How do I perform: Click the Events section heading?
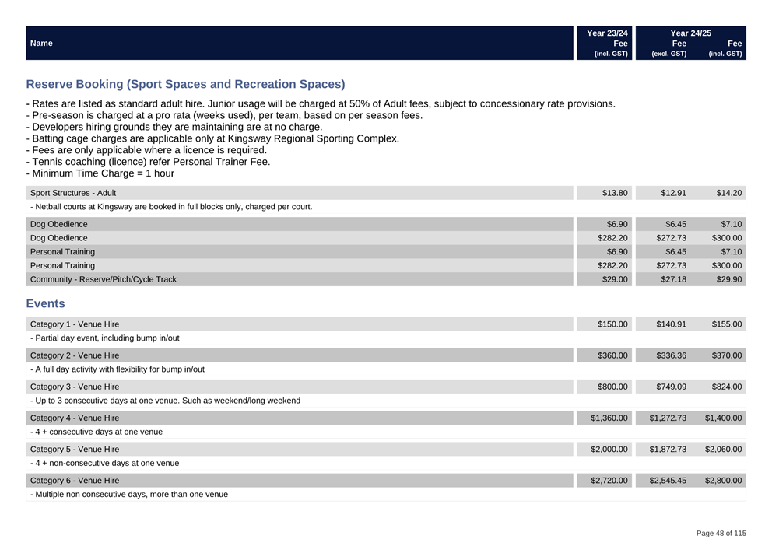pos(45,303)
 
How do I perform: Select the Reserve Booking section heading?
pos(185,84)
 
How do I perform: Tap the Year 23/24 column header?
pos(607,33)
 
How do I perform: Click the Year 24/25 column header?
pos(690,33)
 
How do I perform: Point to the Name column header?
pos(41,44)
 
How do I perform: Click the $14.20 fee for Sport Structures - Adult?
pos(727,193)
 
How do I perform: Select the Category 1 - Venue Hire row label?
pos(75,324)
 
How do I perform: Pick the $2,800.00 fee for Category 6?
pos(723,481)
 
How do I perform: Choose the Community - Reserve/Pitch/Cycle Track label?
pos(103,279)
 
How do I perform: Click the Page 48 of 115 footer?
pos(721,534)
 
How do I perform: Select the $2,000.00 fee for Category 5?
pos(609,450)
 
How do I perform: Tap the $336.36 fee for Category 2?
pos(670,355)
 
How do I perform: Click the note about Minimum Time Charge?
pos(100,173)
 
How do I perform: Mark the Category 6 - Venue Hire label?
pos(75,481)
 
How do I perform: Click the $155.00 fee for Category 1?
pos(726,324)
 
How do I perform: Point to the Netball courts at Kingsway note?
pos(171,207)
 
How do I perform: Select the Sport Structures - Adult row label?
pos(73,193)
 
